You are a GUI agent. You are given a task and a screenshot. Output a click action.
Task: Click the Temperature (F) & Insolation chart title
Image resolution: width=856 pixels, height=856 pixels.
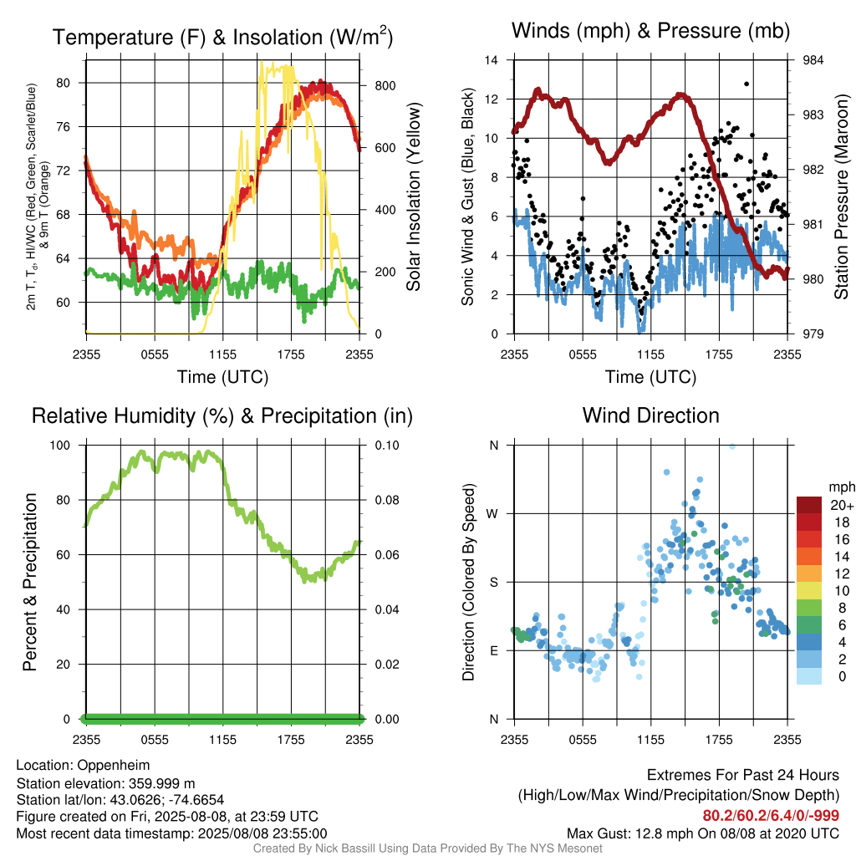coord(222,37)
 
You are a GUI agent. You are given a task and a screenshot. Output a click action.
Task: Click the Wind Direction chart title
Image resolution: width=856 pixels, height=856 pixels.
coord(650,415)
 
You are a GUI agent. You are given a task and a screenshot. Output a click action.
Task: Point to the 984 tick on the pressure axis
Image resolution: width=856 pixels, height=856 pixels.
coord(813,60)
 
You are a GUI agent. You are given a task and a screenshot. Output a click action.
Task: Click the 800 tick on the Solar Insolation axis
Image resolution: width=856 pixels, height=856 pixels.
coord(385,86)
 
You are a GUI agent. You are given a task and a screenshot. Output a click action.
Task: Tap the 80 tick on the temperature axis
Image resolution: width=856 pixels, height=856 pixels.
coord(63,83)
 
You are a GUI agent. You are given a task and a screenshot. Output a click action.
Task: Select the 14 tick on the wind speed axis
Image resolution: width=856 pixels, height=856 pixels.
coord(492,60)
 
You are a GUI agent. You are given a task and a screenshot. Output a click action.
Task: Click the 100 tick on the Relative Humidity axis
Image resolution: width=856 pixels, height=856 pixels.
coord(60,446)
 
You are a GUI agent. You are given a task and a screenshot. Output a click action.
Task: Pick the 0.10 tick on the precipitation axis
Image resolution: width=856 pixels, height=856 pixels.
coord(386,446)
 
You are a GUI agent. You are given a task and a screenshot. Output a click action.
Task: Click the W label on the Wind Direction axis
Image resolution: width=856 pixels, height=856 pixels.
coord(492,514)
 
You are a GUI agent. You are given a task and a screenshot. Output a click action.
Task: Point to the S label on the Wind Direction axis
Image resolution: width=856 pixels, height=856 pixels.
coord(493,583)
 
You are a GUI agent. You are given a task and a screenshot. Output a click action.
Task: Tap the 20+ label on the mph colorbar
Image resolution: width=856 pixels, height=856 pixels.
coord(842,505)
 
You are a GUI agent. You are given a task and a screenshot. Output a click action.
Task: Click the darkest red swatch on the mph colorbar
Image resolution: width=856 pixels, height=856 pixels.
coord(809,505)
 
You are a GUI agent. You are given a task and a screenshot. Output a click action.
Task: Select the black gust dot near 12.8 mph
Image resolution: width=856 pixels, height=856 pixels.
coord(746,84)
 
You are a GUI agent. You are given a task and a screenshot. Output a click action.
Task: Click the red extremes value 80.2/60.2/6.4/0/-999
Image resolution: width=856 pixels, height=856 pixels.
coord(771,816)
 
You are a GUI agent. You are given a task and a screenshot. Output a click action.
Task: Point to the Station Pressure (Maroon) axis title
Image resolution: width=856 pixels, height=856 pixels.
coord(842,196)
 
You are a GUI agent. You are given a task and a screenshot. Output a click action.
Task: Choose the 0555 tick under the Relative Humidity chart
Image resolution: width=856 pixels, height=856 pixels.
coord(155,740)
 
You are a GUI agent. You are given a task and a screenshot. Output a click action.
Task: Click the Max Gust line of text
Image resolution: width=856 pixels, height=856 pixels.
coord(703,833)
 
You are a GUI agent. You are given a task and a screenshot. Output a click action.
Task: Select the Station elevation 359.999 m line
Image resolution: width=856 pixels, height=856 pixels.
coord(105,784)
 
